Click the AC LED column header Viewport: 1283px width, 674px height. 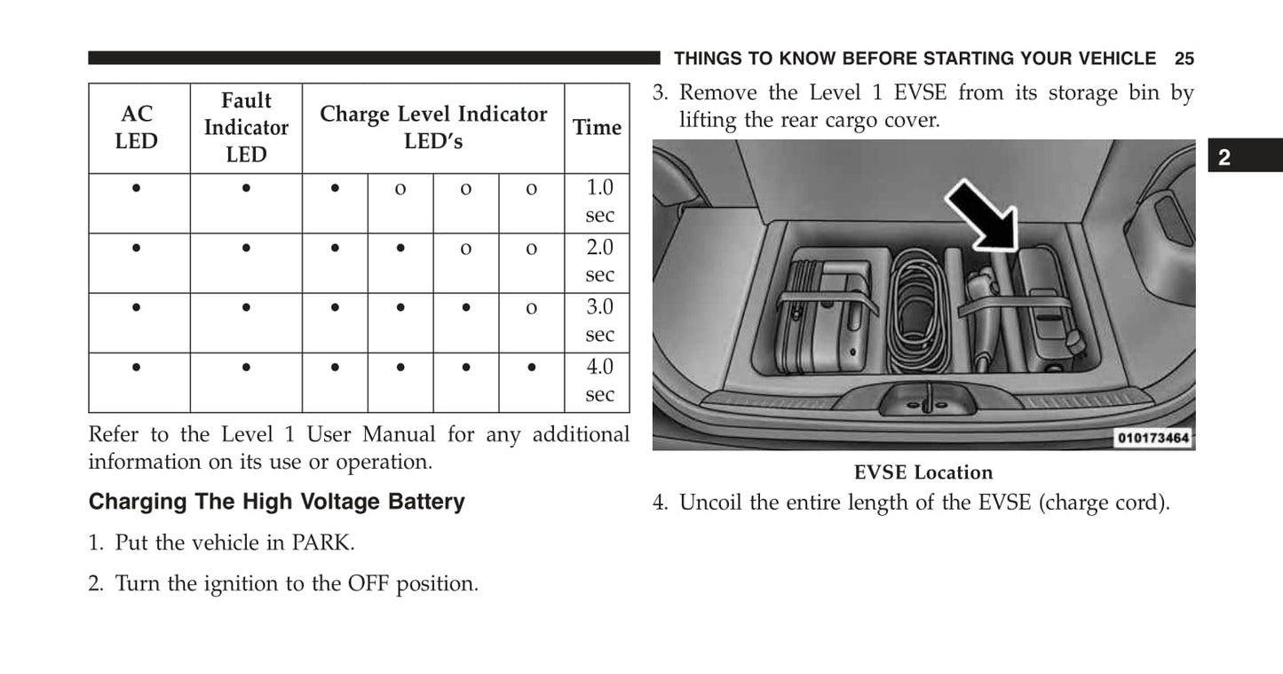click(x=137, y=127)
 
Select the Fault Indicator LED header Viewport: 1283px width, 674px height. click(x=246, y=127)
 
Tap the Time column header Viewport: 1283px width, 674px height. click(x=597, y=127)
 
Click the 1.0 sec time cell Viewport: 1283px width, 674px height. click(x=599, y=201)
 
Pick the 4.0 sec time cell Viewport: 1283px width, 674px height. click(x=599, y=380)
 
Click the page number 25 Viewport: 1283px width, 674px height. click(x=1184, y=59)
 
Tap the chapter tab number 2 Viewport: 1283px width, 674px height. click(x=1224, y=157)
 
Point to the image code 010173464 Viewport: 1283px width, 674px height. click(x=1153, y=438)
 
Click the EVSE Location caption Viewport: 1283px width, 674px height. click(x=923, y=472)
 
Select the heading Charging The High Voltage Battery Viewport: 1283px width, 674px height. click(x=277, y=502)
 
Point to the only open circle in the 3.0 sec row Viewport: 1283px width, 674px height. click(x=532, y=308)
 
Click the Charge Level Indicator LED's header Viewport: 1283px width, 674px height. click(x=433, y=127)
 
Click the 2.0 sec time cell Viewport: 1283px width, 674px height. click(x=599, y=260)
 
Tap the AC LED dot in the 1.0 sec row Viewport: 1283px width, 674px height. click(x=137, y=188)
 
